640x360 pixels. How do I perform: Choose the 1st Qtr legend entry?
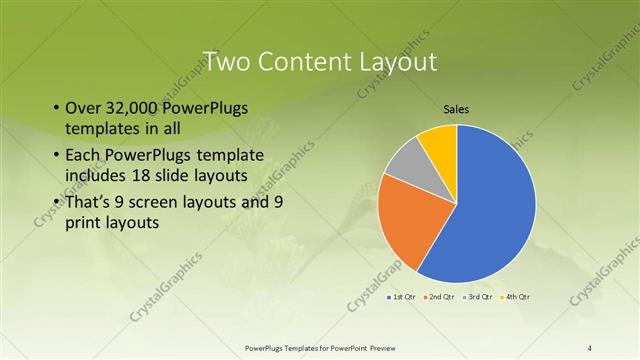(x=402, y=297)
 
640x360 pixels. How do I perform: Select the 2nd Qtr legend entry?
(x=441, y=297)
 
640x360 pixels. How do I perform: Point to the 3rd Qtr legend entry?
(x=480, y=297)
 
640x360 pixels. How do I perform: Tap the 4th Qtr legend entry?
(x=518, y=297)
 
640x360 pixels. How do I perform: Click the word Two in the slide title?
(x=227, y=61)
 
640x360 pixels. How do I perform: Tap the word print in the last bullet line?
(x=84, y=222)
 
